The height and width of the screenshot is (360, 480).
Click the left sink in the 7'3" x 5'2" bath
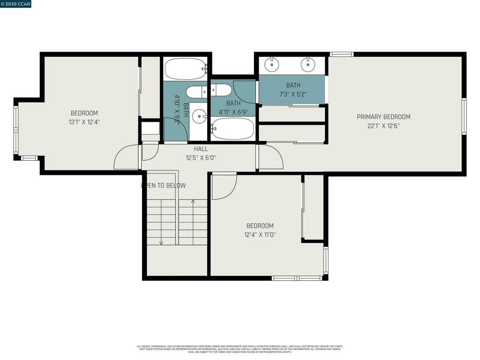[x=271, y=64]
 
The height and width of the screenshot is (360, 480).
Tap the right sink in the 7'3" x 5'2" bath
[x=307, y=64]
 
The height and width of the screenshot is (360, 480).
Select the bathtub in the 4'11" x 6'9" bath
[x=233, y=128]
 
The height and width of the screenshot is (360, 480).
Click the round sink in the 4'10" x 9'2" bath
[x=200, y=115]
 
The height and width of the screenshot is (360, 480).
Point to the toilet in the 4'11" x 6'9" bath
[x=221, y=90]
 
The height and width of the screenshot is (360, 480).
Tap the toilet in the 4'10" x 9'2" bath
[x=196, y=92]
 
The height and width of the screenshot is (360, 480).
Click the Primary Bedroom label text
[x=383, y=117]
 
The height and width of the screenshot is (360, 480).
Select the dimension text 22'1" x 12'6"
[x=383, y=126]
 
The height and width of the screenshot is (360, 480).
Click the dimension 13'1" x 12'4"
[x=84, y=122]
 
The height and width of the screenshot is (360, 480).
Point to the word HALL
[x=201, y=149]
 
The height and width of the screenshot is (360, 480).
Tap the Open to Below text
[x=164, y=186]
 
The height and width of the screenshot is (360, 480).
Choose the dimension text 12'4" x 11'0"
[x=260, y=234]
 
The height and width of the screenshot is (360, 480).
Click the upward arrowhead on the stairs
[x=193, y=201]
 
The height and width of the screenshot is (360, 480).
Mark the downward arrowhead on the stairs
[x=161, y=243]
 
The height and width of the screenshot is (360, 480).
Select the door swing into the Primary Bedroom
[x=270, y=157]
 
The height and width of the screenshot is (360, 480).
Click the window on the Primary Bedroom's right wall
[x=464, y=116]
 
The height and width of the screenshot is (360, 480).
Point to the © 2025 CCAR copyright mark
[x=16, y=4]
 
